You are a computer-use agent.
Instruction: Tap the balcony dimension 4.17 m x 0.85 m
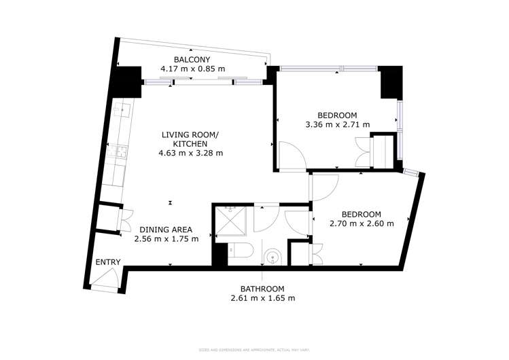pos(192,69)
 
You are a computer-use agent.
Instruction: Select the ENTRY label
pos(107,262)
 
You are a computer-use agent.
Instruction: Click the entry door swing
pos(105,278)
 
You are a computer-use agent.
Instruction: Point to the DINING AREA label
pos(166,229)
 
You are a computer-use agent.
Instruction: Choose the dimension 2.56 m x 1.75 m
pos(166,238)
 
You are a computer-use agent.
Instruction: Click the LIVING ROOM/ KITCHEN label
pos(190,139)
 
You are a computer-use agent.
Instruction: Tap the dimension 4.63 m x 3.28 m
pos(190,153)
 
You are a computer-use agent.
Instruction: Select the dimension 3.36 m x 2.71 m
pos(338,124)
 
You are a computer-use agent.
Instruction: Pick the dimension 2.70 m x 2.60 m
pos(360,223)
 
